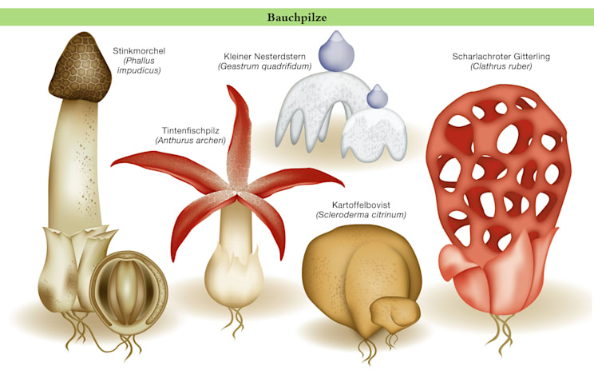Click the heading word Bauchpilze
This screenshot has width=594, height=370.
298,16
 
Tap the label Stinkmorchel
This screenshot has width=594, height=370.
139,51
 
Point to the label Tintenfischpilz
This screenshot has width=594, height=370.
191,129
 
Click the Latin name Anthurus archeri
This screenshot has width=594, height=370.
191,140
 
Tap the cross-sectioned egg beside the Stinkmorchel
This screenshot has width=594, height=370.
128,283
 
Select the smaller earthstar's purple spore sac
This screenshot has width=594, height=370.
377,97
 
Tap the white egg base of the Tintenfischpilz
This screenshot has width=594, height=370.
233,276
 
